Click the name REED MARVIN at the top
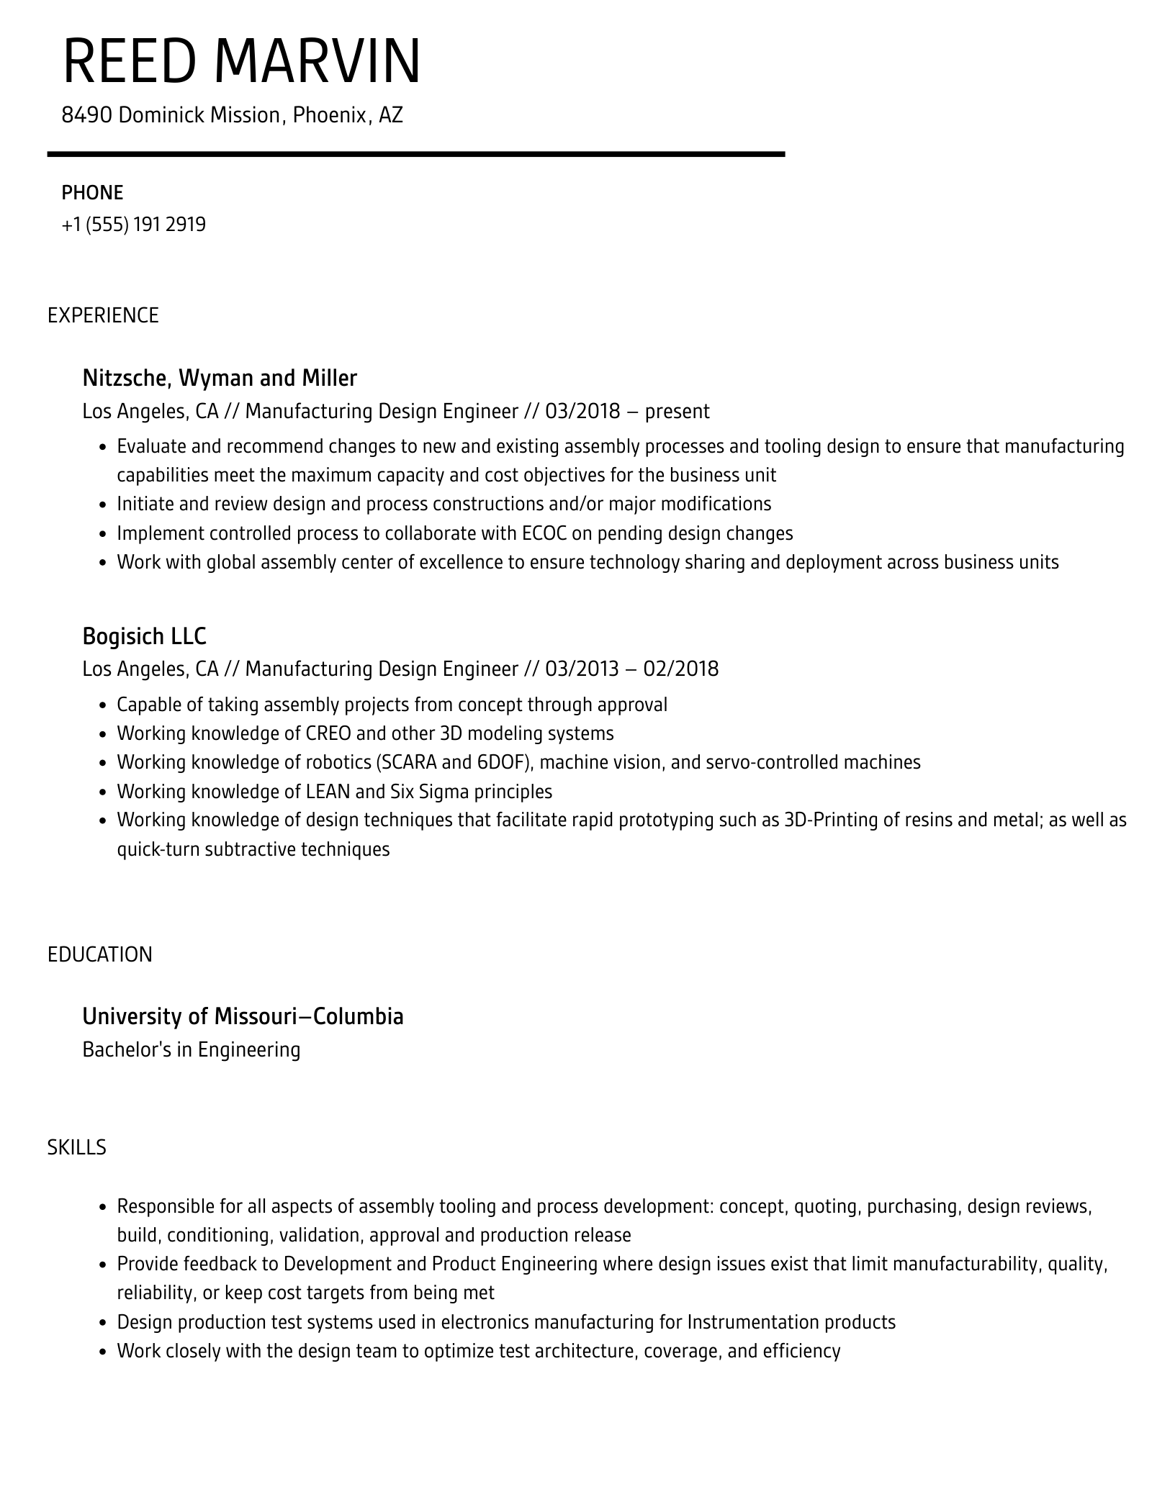click(241, 61)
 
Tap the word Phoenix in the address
click(330, 115)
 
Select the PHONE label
click(92, 193)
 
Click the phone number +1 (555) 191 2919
click(134, 225)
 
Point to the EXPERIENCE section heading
click(103, 315)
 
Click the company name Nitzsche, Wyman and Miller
click(220, 378)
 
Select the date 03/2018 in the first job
click(582, 411)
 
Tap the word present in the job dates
click(677, 412)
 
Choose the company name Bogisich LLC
click(144, 636)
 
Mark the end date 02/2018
click(680, 669)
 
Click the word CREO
click(328, 733)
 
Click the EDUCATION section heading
click(100, 954)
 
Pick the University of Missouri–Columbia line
click(243, 1016)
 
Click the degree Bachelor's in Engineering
click(191, 1049)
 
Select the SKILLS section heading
click(76, 1147)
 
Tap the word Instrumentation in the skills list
click(753, 1322)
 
